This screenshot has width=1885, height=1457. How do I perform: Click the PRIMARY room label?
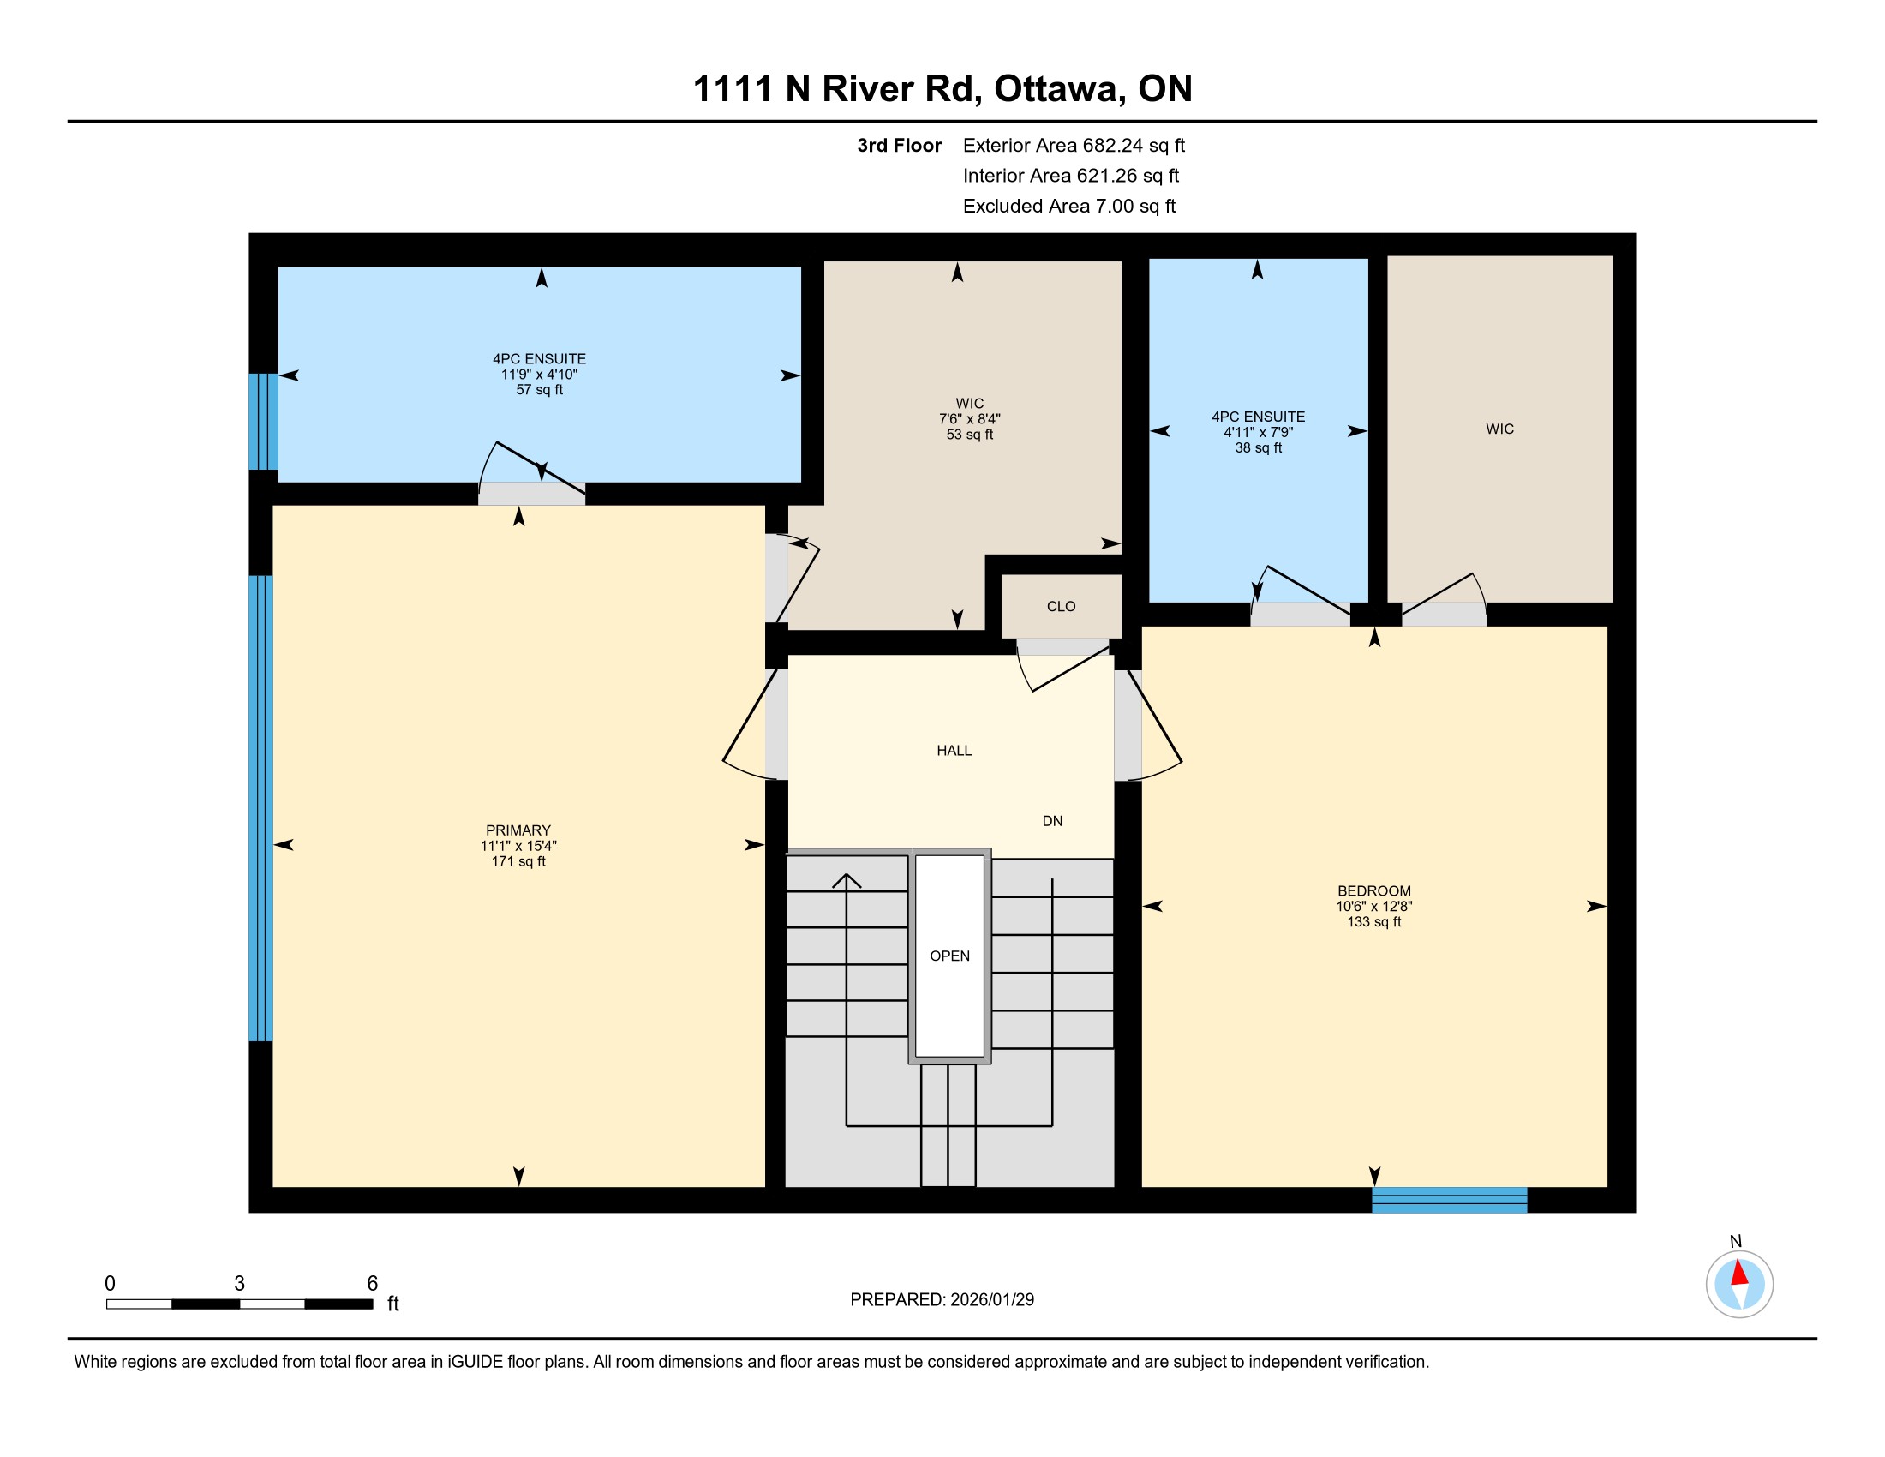(x=518, y=830)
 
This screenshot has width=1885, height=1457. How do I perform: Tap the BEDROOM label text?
(x=1374, y=890)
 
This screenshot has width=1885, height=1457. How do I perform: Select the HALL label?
(x=954, y=751)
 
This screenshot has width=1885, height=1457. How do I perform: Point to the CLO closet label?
(x=1061, y=607)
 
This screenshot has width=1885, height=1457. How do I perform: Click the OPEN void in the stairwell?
(x=949, y=956)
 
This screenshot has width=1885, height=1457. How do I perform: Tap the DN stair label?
(x=1052, y=821)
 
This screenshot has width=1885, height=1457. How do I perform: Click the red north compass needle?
(x=1739, y=1273)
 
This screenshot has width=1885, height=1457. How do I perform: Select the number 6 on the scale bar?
(x=372, y=1284)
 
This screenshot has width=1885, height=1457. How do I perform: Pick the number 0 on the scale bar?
(x=110, y=1284)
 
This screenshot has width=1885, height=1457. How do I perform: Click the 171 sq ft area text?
(x=518, y=861)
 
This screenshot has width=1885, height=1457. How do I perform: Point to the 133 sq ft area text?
(x=1374, y=922)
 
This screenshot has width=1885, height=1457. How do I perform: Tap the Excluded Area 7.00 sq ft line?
(x=1069, y=207)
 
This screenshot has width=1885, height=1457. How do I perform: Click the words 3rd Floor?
(x=899, y=146)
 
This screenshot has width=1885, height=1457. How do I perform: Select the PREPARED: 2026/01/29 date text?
(x=942, y=1300)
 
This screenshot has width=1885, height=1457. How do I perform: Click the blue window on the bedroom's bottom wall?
(x=1449, y=1200)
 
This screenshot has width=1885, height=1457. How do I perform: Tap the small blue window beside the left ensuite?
(x=263, y=421)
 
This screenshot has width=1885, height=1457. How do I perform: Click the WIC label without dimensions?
(x=1499, y=429)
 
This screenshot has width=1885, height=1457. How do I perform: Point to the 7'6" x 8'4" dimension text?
(x=969, y=419)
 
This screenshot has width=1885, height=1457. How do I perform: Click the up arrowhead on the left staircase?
(x=847, y=881)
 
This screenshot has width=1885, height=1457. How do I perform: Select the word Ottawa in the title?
(x=1059, y=89)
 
